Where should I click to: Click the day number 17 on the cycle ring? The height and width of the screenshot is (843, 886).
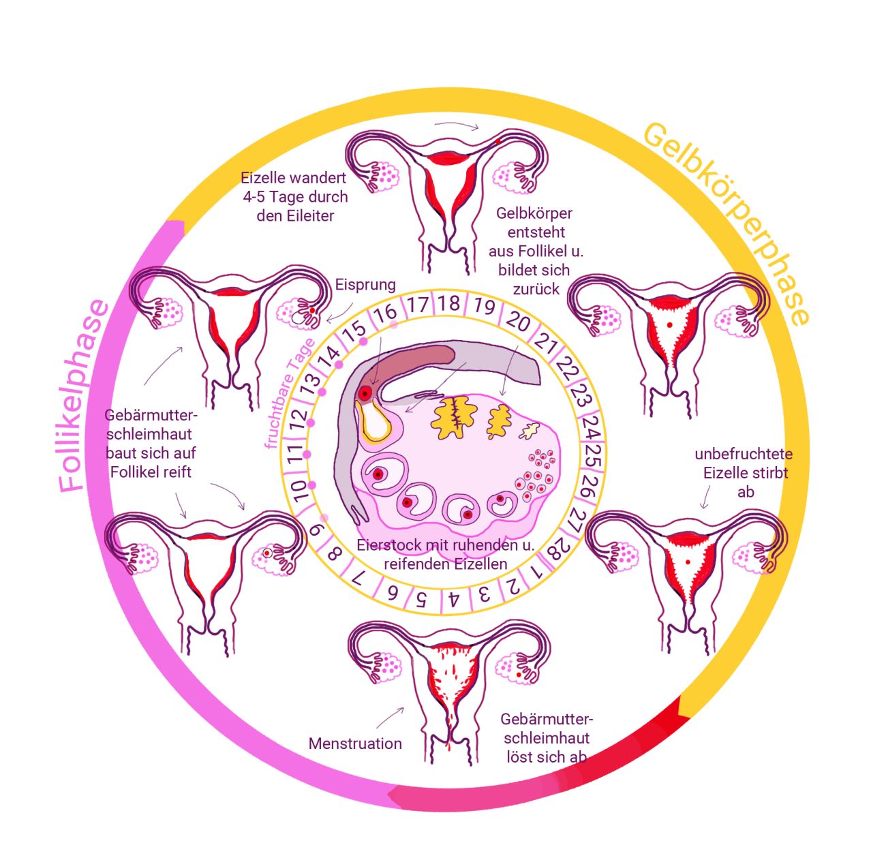click(x=418, y=304)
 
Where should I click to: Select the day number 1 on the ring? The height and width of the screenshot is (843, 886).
click(x=537, y=570)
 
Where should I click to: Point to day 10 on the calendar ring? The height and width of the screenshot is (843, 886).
click(x=299, y=489)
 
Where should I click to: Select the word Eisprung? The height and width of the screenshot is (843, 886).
click(x=365, y=284)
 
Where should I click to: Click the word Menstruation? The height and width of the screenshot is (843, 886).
click(x=355, y=744)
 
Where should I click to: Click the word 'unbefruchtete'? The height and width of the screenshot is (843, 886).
click(x=744, y=454)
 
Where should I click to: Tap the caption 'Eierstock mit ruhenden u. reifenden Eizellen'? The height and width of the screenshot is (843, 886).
click(x=446, y=555)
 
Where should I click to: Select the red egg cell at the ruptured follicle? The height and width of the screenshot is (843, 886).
click(x=366, y=393)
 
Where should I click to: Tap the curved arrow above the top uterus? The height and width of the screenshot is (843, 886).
click(x=457, y=125)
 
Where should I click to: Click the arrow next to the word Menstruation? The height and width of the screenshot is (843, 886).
click(x=390, y=718)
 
